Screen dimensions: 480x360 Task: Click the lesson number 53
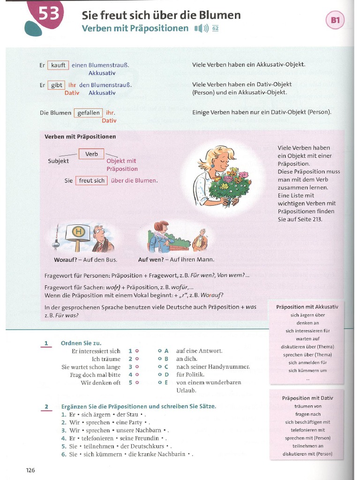click(x=48, y=15)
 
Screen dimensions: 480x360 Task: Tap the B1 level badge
click(x=335, y=20)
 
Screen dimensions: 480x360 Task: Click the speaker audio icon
click(x=201, y=29)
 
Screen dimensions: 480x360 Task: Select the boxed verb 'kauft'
click(x=58, y=65)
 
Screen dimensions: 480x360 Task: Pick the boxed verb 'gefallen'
click(x=88, y=112)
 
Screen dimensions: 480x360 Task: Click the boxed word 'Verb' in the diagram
click(x=91, y=154)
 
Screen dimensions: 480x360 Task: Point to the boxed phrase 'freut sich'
click(x=92, y=180)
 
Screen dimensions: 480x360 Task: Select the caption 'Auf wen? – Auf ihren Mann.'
click(x=176, y=260)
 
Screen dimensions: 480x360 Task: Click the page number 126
click(x=30, y=470)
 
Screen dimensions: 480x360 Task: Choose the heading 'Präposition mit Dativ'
click(x=307, y=398)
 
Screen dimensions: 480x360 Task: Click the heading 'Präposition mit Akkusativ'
click(x=307, y=307)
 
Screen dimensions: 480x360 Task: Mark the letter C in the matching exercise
click(x=166, y=367)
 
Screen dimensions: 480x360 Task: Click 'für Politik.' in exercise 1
click(x=190, y=375)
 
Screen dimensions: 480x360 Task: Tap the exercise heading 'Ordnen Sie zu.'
click(x=81, y=343)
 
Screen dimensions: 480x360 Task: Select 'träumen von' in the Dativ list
click(x=307, y=406)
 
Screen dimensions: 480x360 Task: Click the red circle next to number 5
click(x=137, y=382)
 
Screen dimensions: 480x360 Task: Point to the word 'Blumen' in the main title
click(x=222, y=15)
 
